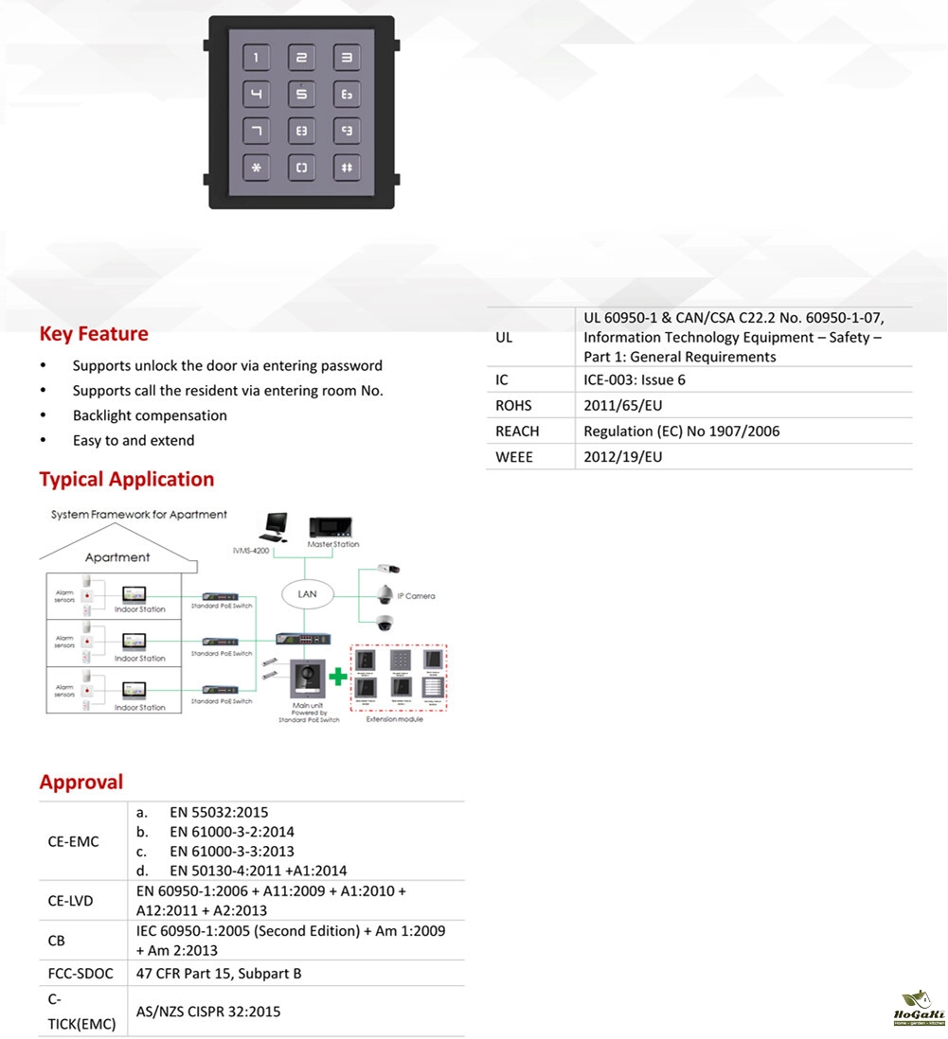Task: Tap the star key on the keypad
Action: point(256,167)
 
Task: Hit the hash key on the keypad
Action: point(347,167)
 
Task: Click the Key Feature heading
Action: point(94,334)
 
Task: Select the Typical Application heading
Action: point(127,479)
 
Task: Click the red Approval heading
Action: point(81,783)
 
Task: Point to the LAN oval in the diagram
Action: point(308,594)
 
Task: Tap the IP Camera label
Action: point(416,596)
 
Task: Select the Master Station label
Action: point(332,544)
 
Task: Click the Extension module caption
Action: point(396,720)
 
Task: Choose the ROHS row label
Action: point(514,406)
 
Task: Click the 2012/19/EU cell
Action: point(623,457)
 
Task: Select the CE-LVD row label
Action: point(71,901)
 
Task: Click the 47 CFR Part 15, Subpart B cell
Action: point(219,973)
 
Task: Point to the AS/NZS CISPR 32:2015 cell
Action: point(208,1012)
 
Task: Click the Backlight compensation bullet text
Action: point(150,415)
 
